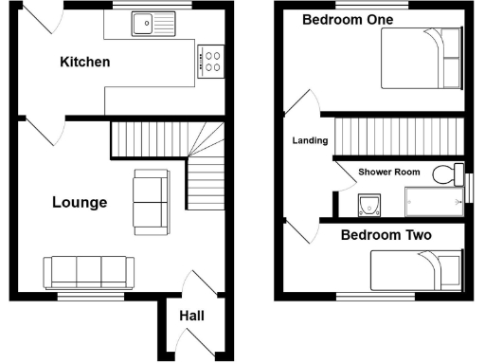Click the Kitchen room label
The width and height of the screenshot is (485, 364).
tap(85, 63)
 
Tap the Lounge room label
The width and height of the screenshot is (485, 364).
tap(80, 202)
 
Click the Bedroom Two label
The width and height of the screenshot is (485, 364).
tap(386, 235)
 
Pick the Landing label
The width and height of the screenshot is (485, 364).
tap(309, 141)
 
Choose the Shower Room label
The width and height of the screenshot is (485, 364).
tap(388, 173)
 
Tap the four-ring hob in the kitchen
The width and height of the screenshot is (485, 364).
tap(211, 62)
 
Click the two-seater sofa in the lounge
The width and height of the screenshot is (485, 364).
tap(151, 201)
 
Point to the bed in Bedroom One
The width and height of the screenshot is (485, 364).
tap(422, 58)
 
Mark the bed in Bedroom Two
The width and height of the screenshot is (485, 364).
tap(417, 268)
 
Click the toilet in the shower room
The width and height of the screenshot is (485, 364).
tap(442, 174)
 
